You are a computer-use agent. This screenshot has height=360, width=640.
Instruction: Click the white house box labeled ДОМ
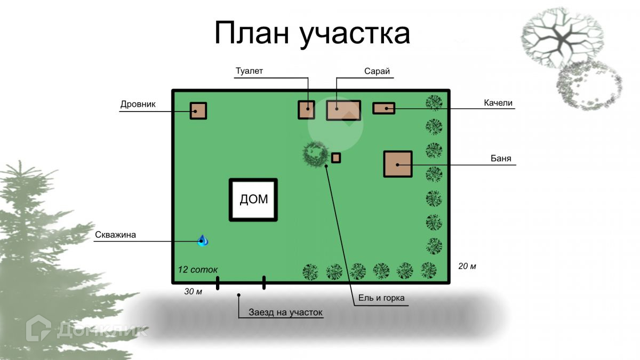coord(254,199)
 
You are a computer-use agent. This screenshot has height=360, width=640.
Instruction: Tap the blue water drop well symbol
coord(203,241)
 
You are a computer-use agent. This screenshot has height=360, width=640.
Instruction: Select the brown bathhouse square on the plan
coord(398,164)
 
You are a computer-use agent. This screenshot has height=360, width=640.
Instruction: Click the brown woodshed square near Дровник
coord(198,110)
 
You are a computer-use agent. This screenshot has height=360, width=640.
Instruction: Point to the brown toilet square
coord(306,109)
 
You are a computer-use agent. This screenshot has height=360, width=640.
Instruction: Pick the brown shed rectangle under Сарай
coord(343,110)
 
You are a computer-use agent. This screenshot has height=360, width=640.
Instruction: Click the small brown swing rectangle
coord(383,108)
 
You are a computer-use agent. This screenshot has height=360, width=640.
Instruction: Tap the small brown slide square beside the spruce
coord(336,157)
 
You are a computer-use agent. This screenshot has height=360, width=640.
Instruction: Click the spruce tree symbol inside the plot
coord(315,154)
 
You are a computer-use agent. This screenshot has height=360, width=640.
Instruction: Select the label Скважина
coord(116,235)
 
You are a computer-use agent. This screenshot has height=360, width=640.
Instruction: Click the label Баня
coord(501,158)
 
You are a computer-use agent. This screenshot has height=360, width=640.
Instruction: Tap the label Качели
coord(498,102)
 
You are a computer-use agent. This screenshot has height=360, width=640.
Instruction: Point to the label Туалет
coord(250,71)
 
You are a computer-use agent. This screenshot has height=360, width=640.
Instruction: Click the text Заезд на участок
coord(286,313)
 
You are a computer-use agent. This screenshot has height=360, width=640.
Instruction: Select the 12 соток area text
coord(198,269)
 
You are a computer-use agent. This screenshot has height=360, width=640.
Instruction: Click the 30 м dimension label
coord(193,291)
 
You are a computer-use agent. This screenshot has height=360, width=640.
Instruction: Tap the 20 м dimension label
coord(467,266)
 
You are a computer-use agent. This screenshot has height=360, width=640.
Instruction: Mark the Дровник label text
coord(138,104)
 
